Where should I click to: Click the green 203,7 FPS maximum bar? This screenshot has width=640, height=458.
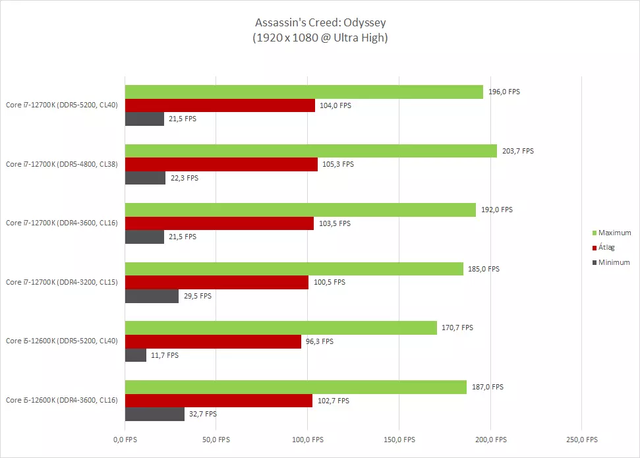[x=310, y=151]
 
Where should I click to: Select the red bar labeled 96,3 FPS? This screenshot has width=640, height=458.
[x=213, y=341]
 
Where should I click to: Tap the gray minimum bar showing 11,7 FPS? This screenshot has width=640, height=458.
[x=136, y=355]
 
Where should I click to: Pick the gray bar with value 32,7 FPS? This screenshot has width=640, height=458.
[x=155, y=414]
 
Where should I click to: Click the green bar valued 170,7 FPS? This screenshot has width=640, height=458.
[x=281, y=328]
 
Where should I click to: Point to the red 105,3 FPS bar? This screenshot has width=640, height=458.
[x=221, y=164]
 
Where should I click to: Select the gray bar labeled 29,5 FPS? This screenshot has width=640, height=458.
[x=152, y=296]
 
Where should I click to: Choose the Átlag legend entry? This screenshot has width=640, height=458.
[x=608, y=248]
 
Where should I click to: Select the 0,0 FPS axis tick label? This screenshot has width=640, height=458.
[x=125, y=440]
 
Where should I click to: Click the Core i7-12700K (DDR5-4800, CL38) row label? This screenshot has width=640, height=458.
[x=62, y=164]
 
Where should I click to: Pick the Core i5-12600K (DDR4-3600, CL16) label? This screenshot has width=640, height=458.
[x=62, y=400]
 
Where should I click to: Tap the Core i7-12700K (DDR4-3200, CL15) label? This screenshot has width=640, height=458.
[x=62, y=282]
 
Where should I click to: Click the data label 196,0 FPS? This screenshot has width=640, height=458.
[x=504, y=92]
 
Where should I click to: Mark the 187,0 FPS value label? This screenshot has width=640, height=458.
[x=487, y=387]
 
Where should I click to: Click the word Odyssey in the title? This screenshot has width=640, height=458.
[x=361, y=23]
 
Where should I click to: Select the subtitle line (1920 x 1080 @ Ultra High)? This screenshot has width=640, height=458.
[x=320, y=38]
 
